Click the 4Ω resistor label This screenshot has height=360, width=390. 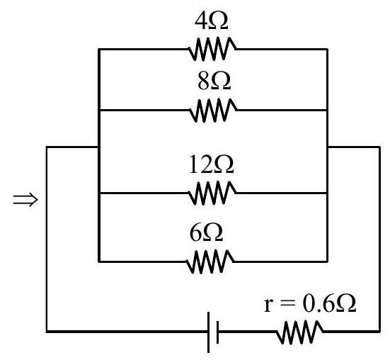click(212, 21)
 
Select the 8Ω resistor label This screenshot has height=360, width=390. click(214, 81)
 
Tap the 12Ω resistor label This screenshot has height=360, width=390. click(212, 164)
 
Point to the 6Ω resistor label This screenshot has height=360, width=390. click(206, 232)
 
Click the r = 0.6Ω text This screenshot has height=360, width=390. click(310, 303)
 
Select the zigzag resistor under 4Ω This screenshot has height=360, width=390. click(212, 49)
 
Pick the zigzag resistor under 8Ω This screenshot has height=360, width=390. click(213, 111)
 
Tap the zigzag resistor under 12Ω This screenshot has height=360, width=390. click(212, 193)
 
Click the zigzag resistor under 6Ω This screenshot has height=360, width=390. click(210, 261)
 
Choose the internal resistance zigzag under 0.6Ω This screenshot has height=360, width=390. click(299, 332)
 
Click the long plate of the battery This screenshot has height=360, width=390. click(208, 332)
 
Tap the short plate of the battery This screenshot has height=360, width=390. click(217, 332)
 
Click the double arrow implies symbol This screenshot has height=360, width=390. click(25, 199)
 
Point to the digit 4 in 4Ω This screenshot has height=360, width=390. click(201, 21)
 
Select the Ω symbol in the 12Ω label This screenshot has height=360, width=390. click(224, 165)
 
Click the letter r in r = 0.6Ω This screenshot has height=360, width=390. click(268, 306)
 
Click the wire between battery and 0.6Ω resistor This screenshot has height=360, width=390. click(248, 332)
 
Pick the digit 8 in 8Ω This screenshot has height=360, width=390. click(204, 81)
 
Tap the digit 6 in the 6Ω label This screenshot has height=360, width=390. click(196, 232)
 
